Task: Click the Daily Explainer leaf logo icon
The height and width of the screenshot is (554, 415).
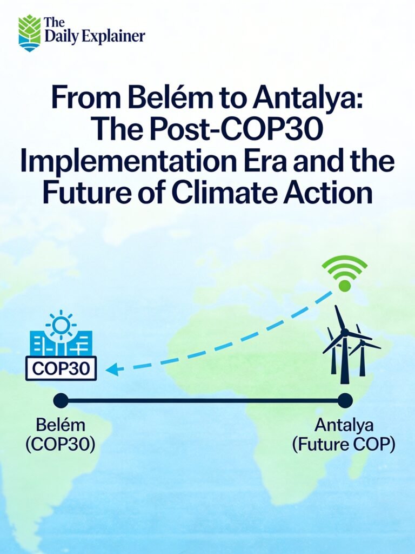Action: pos(30,33)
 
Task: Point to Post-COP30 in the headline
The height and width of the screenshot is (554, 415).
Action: pos(236,131)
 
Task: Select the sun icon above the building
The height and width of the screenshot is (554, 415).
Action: pos(61,325)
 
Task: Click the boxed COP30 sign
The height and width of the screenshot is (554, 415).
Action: pos(61,369)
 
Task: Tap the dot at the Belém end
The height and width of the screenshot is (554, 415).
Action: pos(61,400)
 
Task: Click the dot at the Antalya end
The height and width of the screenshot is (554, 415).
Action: pos(344,400)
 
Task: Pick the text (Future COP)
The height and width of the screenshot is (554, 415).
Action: pos(344,445)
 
